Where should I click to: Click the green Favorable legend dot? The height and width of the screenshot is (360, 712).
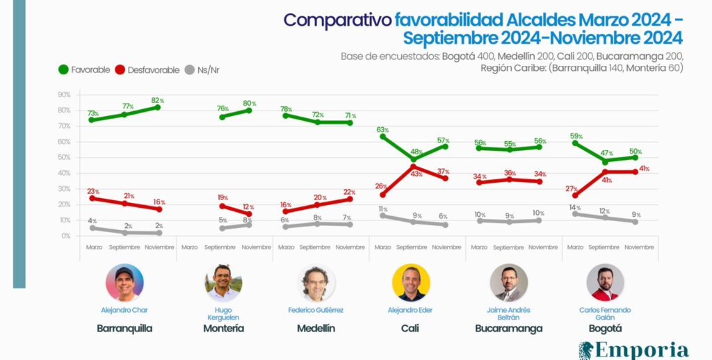click(63, 69)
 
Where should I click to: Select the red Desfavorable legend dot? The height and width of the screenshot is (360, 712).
click(120, 69)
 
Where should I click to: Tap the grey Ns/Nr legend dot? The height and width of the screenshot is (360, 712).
click(191, 69)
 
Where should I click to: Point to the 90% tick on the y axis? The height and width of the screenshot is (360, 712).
click(64, 95)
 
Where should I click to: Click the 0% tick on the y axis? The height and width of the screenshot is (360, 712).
click(65, 236)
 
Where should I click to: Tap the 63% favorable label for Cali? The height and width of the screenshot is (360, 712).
click(382, 129)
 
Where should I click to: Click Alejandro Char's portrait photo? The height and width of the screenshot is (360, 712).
click(124, 283)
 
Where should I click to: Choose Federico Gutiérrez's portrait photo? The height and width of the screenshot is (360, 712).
click(316, 283)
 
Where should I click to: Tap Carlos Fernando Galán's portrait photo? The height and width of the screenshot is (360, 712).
click(605, 283)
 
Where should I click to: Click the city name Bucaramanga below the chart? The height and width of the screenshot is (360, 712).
click(509, 328)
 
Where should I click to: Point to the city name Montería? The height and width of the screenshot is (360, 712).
click(223, 328)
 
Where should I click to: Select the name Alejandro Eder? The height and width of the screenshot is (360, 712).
click(412, 310)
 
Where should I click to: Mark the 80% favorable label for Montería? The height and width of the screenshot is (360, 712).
click(249, 104)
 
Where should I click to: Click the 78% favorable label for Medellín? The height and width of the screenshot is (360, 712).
click(286, 109)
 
